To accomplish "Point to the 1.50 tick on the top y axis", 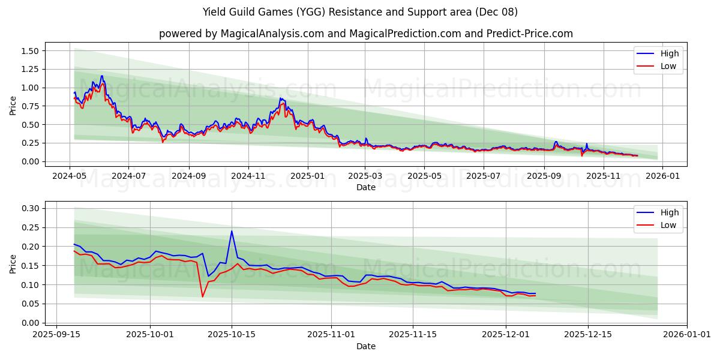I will pos(29,51).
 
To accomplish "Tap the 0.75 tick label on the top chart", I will pos(29,106).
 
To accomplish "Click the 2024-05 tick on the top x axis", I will pos(70,176).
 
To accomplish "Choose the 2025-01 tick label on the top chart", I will pos(308,176).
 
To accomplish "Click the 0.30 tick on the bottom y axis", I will pos(29,208).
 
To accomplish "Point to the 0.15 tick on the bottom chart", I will pos(29,266).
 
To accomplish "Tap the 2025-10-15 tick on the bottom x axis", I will pos(232,335).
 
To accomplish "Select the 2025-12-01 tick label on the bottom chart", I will pos(506,335).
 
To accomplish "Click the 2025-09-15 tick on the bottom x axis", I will pos(56,335).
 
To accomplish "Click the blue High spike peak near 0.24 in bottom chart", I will pos(232,231).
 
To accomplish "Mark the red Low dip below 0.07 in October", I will pos(202,296).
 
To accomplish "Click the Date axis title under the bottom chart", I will pos(365,346).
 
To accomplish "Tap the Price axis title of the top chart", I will pos(13,106).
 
